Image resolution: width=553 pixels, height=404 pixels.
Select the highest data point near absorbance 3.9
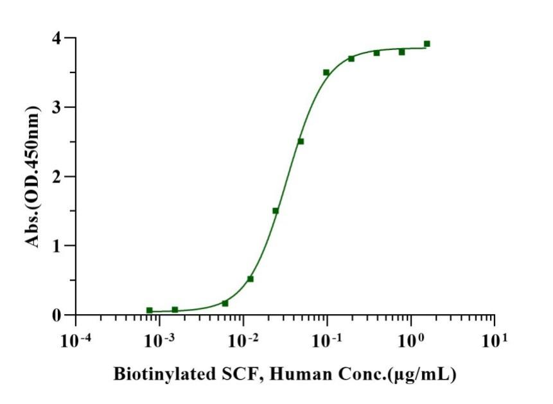point(426,44)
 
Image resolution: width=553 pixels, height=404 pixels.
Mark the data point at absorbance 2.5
point(301,141)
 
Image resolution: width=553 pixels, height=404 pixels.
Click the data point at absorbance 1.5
point(276,211)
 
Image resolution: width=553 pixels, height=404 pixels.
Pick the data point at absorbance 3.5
point(326,73)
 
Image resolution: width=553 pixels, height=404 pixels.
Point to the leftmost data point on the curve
point(150,310)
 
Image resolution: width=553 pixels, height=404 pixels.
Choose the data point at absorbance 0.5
point(250,279)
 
